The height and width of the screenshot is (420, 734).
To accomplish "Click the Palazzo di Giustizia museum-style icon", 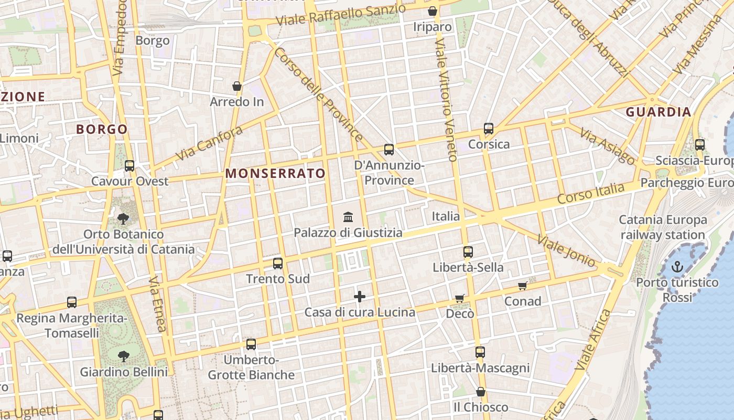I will click(348, 217).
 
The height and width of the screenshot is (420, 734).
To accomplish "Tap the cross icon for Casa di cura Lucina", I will click(360, 297).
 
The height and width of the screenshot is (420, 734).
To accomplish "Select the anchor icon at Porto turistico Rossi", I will click(678, 267).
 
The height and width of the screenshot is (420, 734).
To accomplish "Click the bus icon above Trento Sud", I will click(278, 264).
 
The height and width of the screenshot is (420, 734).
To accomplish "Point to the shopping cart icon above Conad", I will click(522, 286).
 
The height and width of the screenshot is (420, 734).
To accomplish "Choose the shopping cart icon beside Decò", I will click(460, 299).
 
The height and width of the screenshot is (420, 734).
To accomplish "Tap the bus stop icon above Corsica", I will click(489, 129).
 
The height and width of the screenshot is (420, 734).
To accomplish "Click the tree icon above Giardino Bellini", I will click(124, 356).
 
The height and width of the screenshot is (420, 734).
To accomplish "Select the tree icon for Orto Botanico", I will click(124, 218).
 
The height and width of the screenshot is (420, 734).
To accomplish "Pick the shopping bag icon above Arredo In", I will click(237, 86).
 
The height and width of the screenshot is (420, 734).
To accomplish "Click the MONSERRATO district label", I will click(276, 173).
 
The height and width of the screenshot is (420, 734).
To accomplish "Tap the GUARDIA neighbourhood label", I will click(659, 112).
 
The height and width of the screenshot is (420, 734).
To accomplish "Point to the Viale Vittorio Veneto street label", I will click(447, 100).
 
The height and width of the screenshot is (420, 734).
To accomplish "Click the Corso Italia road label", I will click(591, 194).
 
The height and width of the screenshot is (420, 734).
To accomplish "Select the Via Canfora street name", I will click(209, 143).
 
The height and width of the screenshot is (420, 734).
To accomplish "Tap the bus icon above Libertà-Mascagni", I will click(480, 352).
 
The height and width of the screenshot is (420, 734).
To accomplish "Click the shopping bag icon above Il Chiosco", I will click(481, 392).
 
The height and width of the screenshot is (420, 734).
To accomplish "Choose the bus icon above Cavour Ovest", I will click(129, 166).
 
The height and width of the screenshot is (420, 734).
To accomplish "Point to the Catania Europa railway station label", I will click(663, 227).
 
